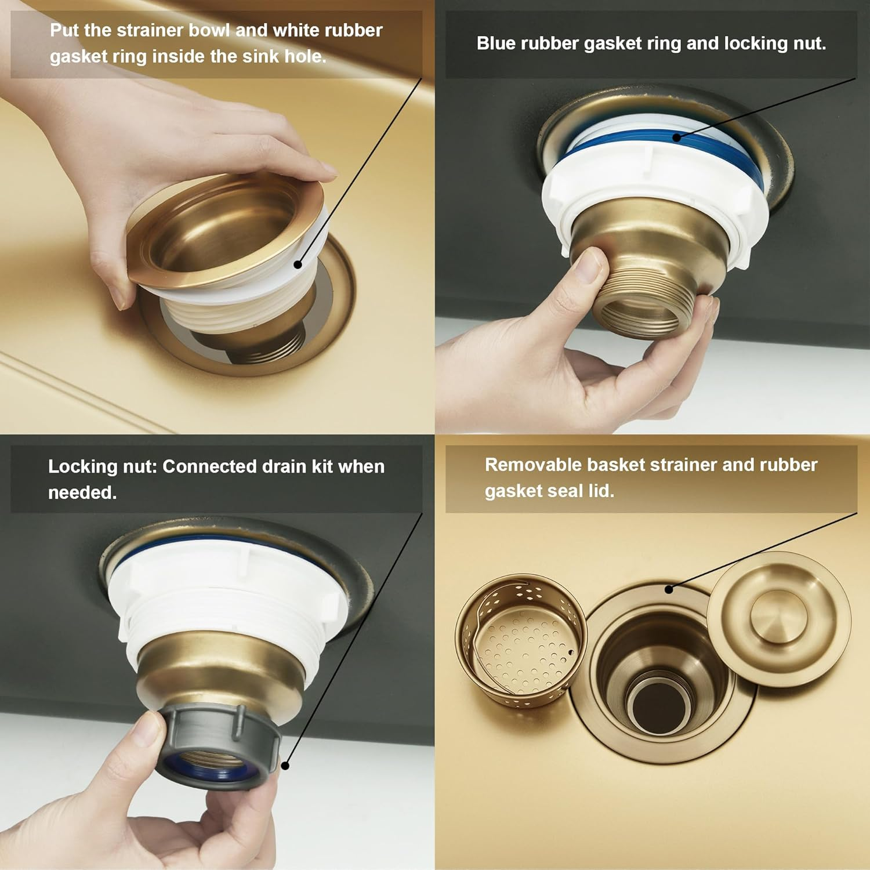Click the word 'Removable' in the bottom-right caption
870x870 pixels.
pos(533,465)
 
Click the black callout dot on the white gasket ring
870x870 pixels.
pos(298,264)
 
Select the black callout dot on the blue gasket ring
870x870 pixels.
pos(676,137)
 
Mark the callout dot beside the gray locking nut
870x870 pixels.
pos(285,766)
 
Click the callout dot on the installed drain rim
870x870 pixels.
pos(669,589)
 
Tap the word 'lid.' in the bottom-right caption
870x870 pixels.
pos(601,491)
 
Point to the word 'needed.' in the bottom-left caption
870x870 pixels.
pos(82,492)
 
